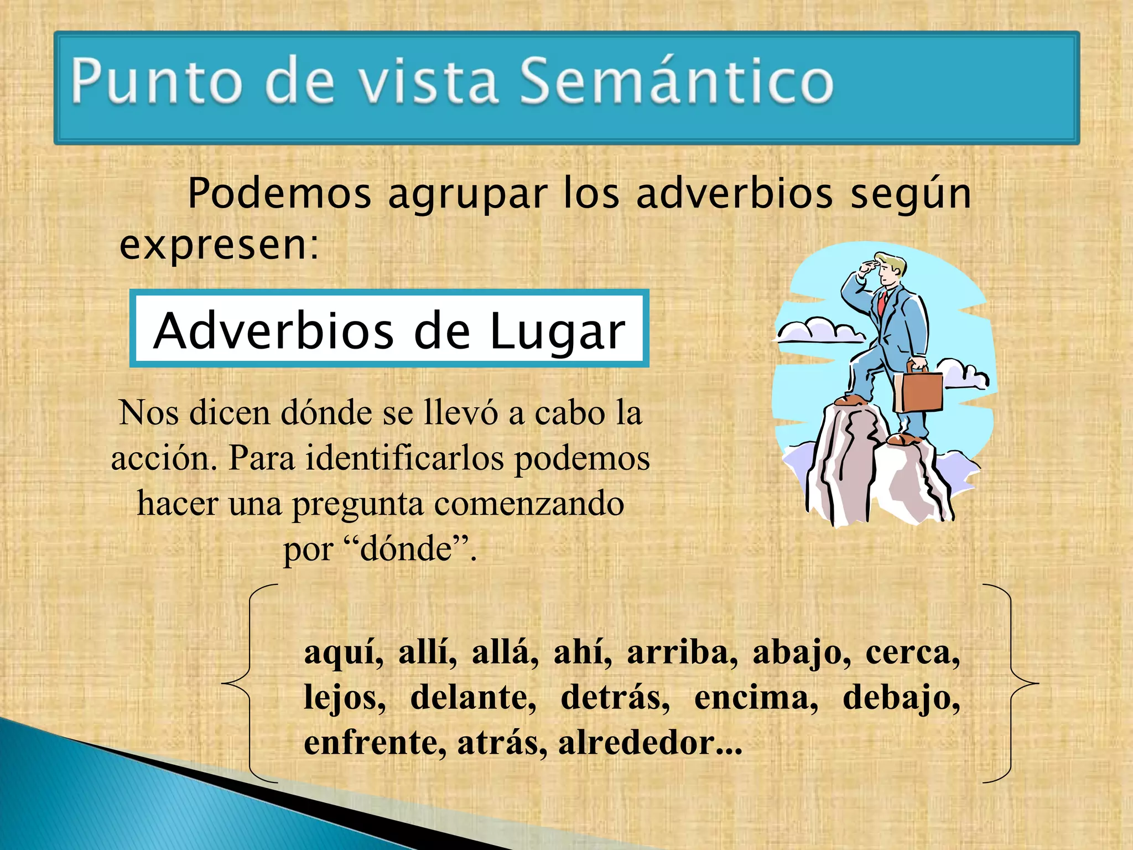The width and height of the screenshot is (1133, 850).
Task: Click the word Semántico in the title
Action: pos(676,81)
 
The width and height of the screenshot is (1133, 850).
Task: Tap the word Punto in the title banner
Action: pos(157,81)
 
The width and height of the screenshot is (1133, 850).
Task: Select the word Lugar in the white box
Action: pos(557,331)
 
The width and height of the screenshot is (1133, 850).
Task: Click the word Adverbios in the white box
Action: pos(273,330)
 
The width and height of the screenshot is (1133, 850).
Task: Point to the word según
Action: pos(910,195)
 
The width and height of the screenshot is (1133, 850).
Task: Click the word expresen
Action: pos(219,245)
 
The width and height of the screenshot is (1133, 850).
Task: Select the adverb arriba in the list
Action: pos(682,652)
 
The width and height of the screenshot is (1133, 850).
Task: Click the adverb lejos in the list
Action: pos(344,698)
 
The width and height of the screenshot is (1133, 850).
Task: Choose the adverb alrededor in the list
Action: pos(649,743)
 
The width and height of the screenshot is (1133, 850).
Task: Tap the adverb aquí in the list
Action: pos(344,654)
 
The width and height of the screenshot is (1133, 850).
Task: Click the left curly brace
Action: pos(249,683)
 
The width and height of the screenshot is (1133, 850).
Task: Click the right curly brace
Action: pos(1011,683)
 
